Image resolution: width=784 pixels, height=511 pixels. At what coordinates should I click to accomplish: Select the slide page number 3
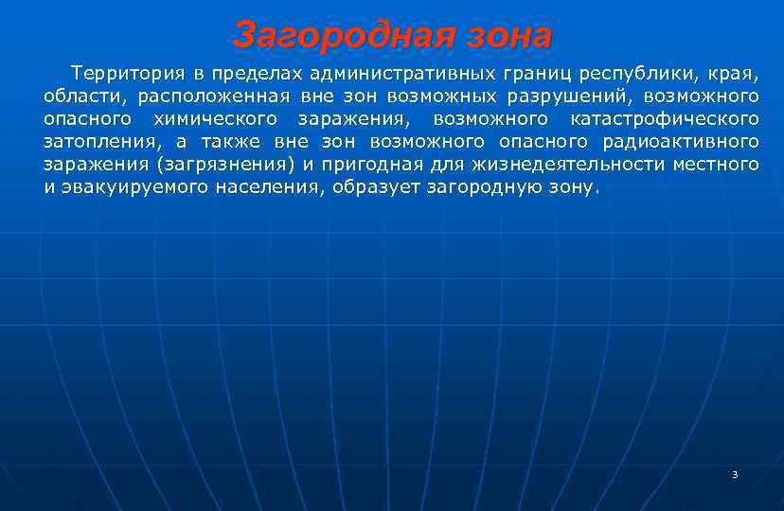[735, 474]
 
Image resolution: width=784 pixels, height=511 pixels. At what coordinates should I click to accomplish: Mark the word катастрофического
[665, 118]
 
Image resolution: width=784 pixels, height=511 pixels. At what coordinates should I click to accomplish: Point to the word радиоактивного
[681, 141]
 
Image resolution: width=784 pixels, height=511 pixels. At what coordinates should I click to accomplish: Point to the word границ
[539, 73]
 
